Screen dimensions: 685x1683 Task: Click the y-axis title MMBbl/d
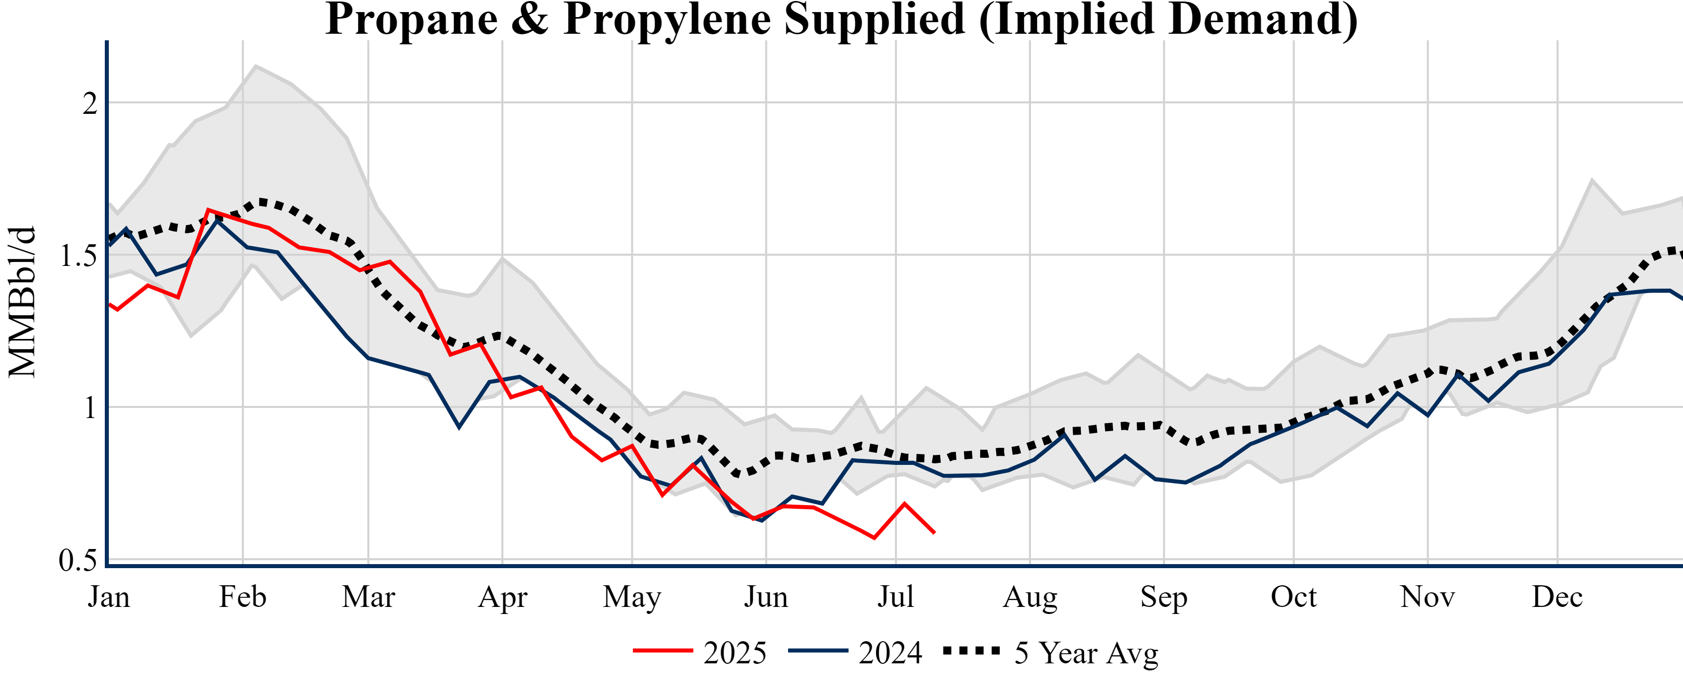22,302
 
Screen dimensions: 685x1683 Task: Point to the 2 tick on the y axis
90,103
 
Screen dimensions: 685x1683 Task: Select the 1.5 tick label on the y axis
78,255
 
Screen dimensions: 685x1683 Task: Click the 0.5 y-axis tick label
78,560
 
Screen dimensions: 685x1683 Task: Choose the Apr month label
502,597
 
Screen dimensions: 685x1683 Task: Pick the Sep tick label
1163,597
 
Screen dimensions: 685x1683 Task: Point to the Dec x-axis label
1557,597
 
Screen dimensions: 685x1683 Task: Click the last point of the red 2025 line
934,533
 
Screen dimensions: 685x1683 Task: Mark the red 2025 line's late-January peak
208,210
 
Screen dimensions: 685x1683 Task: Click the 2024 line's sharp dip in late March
459,427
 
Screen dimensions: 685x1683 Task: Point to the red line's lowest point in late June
874,538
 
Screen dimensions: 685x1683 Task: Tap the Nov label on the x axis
1428,597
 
